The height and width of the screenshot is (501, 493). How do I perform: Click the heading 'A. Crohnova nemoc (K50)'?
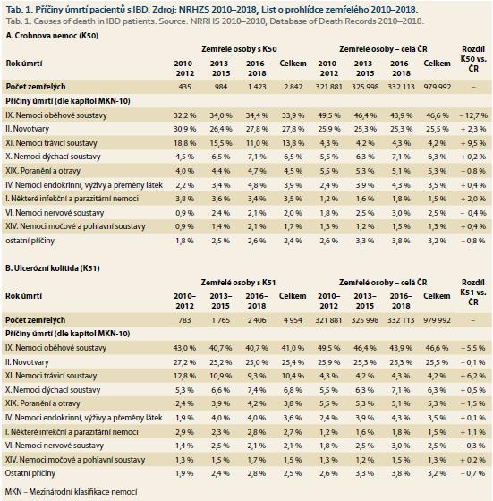click(52, 36)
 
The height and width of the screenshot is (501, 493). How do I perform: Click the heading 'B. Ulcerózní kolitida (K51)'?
click(53, 268)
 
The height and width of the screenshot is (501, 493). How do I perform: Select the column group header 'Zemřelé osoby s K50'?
click(239, 49)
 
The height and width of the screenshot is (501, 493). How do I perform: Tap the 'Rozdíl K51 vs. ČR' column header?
click(473, 292)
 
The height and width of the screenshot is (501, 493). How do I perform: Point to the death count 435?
click(185, 87)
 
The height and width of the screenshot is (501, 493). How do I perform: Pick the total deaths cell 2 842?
click(293, 87)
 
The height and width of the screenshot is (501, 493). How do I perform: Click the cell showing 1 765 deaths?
click(220, 320)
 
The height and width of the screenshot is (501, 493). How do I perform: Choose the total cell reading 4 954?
click(293, 320)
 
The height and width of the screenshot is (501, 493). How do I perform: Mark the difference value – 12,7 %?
click(473, 115)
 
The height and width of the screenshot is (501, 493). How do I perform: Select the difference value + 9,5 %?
click(473, 143)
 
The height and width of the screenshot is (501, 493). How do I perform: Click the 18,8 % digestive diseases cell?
click(185, 143)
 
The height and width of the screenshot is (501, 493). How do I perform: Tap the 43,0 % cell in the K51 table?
click(184, 348)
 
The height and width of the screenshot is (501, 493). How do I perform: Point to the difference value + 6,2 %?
click(473, 376)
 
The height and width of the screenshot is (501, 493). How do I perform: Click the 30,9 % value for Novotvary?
click(185, 129)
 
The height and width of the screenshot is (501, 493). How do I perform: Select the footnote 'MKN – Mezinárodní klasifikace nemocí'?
click(72, 492)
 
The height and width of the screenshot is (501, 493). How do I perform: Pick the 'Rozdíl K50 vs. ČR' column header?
click(473, 59)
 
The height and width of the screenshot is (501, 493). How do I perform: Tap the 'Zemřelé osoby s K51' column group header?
click(238, 283)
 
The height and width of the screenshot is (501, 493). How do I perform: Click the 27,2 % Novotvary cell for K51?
click(184, 362)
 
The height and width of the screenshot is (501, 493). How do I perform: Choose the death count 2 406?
click(257, 320)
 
